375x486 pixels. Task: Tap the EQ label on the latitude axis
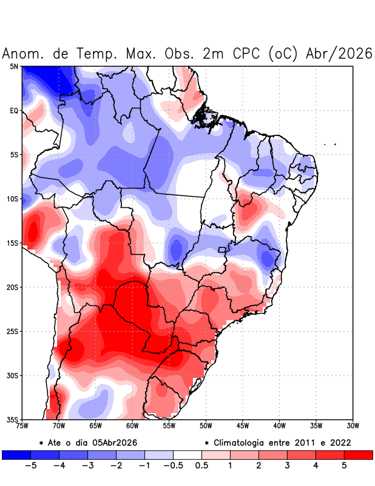14,111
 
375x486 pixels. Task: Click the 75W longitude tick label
22,425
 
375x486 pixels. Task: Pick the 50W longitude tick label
206,425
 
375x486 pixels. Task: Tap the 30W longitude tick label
353,425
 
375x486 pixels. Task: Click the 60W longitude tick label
132,425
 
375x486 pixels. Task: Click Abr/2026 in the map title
337,53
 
